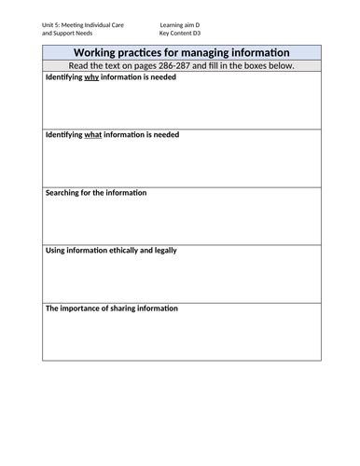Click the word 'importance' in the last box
coord(84,308)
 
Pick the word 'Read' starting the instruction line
coord(82,66)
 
